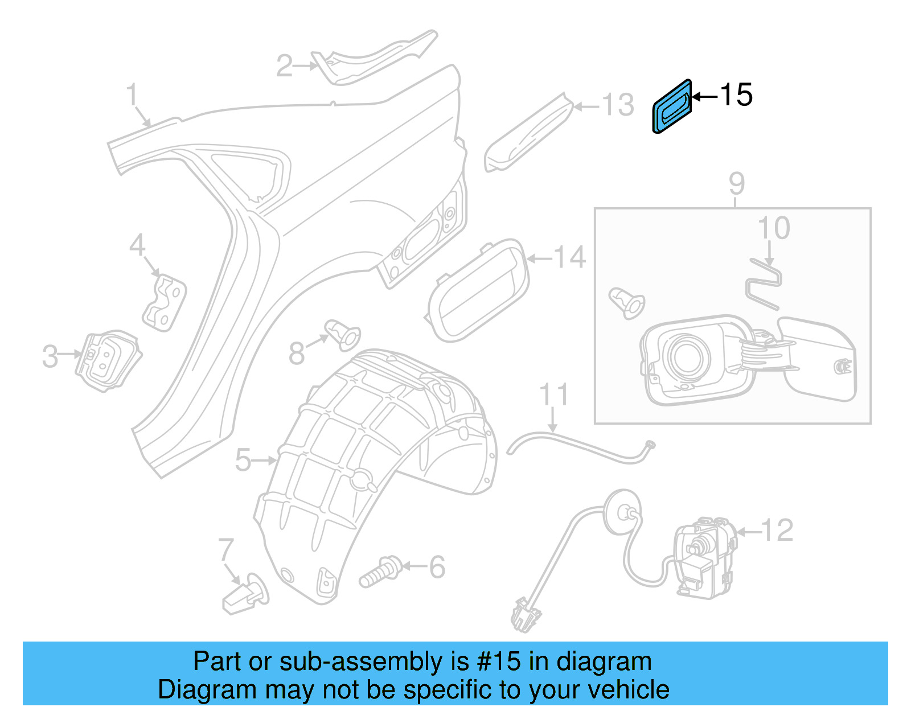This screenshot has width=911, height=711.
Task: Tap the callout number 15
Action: coord(736,95)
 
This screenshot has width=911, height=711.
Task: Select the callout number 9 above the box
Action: coord(736,184)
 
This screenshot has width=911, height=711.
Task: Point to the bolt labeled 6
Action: coord(380,572)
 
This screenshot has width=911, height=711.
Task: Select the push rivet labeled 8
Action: coord(342,334)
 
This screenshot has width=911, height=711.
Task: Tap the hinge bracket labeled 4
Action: coord(165,302)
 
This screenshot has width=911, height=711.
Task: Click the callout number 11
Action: coord(553,394)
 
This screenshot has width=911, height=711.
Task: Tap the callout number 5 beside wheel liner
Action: coord(243,460)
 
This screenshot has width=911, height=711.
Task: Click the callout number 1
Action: coord(132,94)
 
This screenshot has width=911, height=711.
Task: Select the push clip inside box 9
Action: coord(627,302)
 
